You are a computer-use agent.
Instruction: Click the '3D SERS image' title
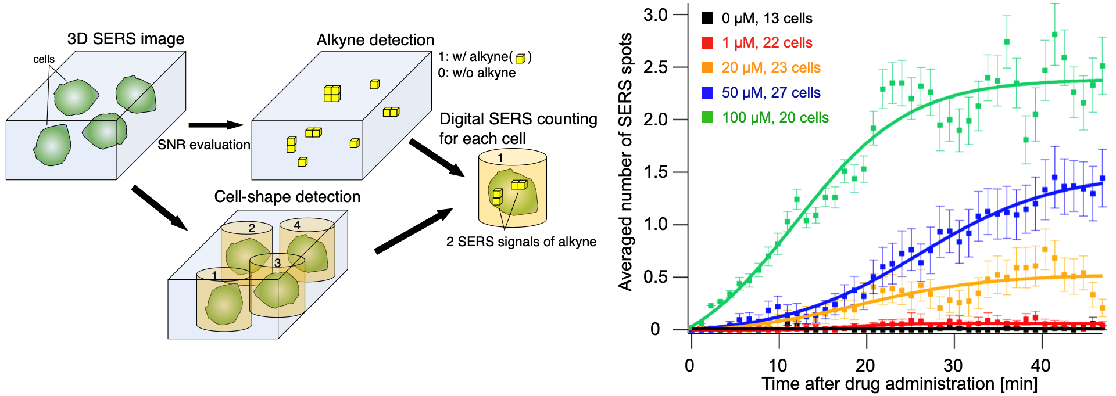click(x=126, y=39)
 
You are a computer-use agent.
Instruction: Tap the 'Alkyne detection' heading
click(x=375, y=40)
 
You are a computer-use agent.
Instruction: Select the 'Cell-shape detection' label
click(x=287, y=197)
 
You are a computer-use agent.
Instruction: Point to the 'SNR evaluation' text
click(x=203, y=145)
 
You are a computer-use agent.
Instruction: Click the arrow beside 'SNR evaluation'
click(x=216, y=125)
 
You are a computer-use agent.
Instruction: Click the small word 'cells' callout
click(x=44, y=59)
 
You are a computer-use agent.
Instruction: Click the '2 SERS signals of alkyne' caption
click(x=521, y=242)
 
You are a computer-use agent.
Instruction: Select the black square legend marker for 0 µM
click(x=707, y=18)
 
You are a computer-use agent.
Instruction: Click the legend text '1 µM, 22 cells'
click(x=767, y=43)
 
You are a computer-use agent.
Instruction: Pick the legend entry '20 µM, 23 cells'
click(x=771, y=68)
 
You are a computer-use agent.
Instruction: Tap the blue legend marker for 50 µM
click(x=707, y=93)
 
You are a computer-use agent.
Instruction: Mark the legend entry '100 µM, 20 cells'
click(x=775, y=118)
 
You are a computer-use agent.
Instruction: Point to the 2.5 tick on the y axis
click(x=656, y=67)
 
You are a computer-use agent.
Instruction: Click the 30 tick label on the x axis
click(x=953, y=365)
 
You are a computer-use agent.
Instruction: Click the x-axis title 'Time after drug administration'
click(x=899, y=384)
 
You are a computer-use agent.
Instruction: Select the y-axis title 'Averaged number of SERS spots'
click(x=625, y=163)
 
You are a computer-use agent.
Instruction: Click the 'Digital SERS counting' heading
click(x=518, y=119)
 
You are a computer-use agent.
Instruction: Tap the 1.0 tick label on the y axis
click(x=656, y=225)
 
